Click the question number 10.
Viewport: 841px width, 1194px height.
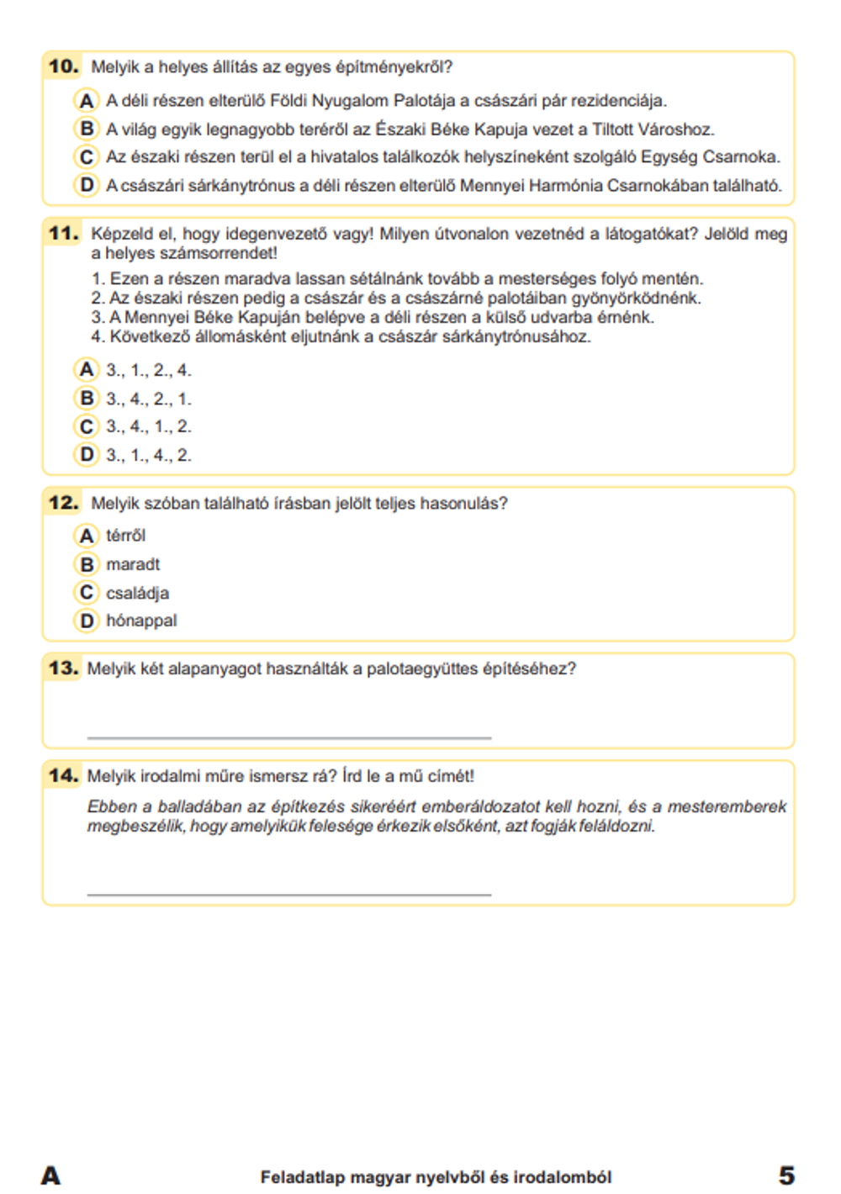click(x=63, y=66)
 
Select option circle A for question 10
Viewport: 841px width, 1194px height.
click(x=86, y=101)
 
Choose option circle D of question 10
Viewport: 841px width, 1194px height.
click(x=86, y=185)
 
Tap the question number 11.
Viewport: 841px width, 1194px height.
click(x=63, y=233)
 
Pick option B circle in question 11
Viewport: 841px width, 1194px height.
click(x=86, y=398)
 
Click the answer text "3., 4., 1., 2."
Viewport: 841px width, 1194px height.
click(x=149, y=426)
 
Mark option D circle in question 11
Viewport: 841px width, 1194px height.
click(x=86, y=455)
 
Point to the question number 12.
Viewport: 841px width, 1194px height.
click(x=63, y=503)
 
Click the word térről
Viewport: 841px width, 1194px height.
click(x=125, y=536)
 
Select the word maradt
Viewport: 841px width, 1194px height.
click(x=133, y=564)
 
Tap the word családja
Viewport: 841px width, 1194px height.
click(x=137, y=593)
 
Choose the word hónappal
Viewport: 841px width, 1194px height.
click(x=141, y=621)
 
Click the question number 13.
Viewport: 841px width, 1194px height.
click(x=63, y=668)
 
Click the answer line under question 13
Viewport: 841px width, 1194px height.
click(x=288, y=737)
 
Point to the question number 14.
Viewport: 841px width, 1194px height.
click(x=63, y=775)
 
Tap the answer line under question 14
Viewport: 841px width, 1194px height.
click(x=288, y=894)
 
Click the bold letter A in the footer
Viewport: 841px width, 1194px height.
click(x=50, y=1176)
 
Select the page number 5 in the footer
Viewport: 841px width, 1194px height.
click(x=786, y=1176)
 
